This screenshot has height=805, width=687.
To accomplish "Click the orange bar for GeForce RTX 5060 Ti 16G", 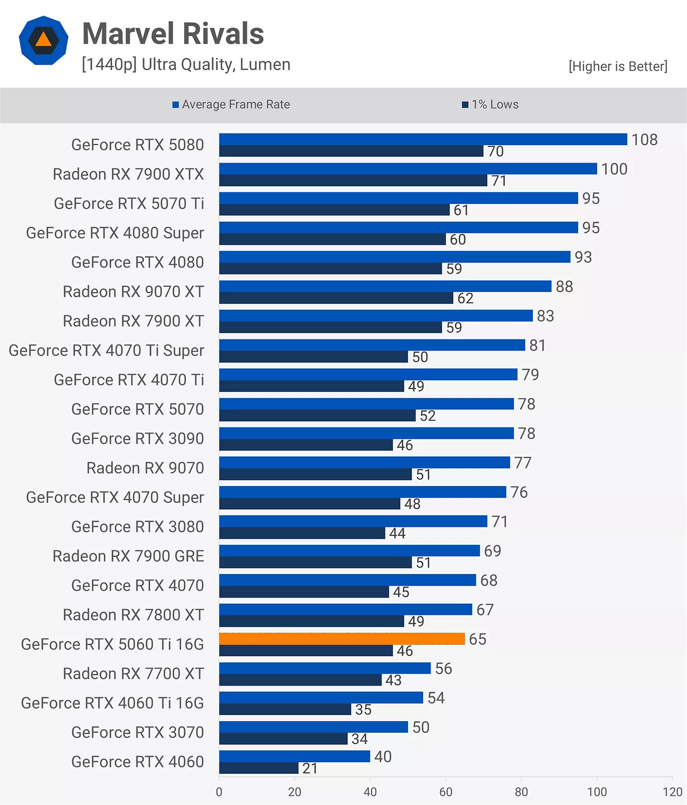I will pyautogui.click(x=342, y=639).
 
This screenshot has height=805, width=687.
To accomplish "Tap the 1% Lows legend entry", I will pyautogui.click(x=490, y=104).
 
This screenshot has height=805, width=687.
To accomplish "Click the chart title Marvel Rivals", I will pyautogui.click(x=173, y=34).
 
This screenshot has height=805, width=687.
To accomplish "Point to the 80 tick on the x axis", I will pyautogui.click(x=521, y=792).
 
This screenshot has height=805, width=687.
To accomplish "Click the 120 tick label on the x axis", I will pyautogui.click(x=672, y=792).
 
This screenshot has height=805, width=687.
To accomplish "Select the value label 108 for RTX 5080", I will pyautogui.click(x=644, y=140).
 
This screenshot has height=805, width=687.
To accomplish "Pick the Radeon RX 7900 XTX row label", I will pyautogui.click(x=128, y=174).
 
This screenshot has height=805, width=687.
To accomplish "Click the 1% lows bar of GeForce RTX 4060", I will pyautogui.click(x=258, y=768).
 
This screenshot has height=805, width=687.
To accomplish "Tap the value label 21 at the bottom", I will pyautogui.click(x=310, y=769).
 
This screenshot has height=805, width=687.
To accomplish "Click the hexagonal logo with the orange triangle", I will pyautogui.click(x=44, y=40).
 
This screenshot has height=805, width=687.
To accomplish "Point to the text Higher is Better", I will pyautogui.click(x=618, y=66).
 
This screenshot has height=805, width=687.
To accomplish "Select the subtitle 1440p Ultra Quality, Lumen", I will pyautogui.click(x=186, y=65).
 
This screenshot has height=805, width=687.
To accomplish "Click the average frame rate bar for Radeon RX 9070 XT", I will pyautogui.click(x=385, y=286).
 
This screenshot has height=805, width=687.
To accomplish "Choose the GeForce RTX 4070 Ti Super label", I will pyautogui.click(x=106, y=351).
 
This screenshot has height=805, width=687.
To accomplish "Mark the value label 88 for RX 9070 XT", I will pyautogui.click(x=564, y=287).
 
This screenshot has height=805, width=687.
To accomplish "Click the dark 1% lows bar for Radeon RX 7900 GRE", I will pyautogui.click(x=315, y=562).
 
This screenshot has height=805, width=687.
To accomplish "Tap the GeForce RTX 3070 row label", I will pyautogui.click(x=138, y=733).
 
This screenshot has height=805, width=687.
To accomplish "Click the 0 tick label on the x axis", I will pyautogui.click(x=219, y=792).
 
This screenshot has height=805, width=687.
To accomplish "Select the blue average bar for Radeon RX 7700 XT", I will pyautogui.click(x=325, y=668).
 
